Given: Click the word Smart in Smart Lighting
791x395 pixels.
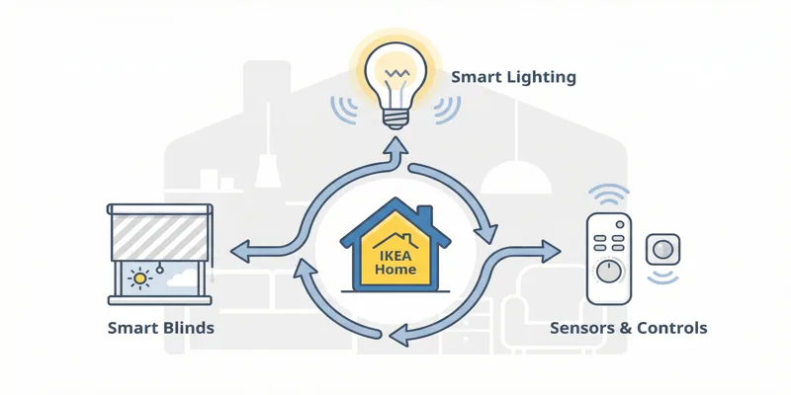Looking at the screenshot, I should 476,76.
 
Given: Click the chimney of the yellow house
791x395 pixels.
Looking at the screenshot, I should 423,214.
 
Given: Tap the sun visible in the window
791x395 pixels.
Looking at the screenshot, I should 140,279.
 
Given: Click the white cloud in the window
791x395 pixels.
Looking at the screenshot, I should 180,278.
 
